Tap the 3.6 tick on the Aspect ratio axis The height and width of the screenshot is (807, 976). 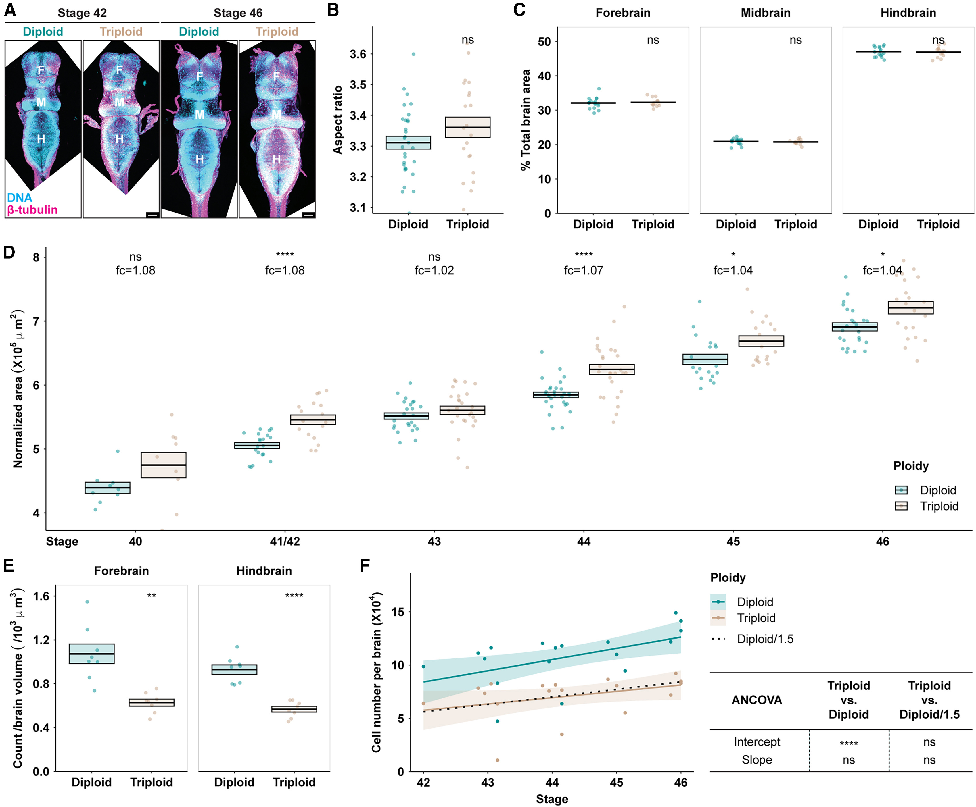click(x=358, y=54)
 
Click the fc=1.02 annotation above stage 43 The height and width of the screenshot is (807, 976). click(x=434, y=270)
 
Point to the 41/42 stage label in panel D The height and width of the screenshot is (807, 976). click(x=285, y=542)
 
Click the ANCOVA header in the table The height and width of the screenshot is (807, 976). click(x=757, y=700)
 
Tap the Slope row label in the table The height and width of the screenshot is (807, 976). click(x=757, y=760)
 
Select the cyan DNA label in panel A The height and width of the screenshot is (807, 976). click(x=20, y=198)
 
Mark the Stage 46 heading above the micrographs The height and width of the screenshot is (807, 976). click(x=238, y=13)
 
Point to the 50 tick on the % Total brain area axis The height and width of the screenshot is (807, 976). click(x=544, y=42)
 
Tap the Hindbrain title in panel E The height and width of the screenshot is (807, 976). click(x=264, y=571)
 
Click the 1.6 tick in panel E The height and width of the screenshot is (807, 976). click(x=41, y=596)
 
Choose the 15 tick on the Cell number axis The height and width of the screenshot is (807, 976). click(x=398, y=612)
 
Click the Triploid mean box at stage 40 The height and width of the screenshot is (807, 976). click(x=164, y=465)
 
